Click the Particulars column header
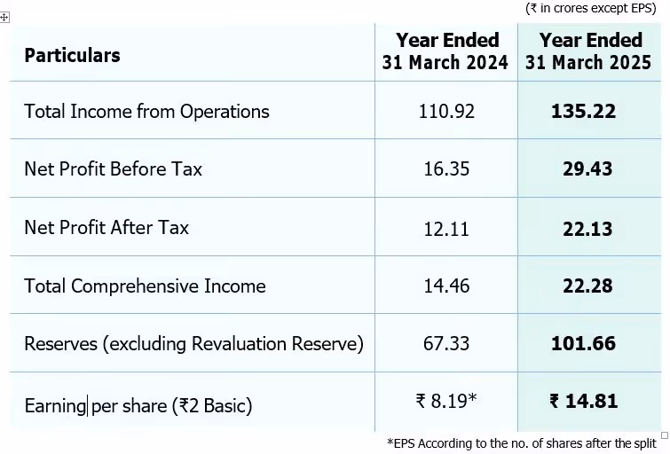tap(72, 55)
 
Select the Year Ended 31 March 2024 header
tap(446, 51)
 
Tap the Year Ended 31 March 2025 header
tap(589, 51)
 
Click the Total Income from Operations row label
tap(146, 112)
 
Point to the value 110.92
tap(446, 112)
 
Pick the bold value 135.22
tap(583, 112)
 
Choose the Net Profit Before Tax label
tap(113, 168)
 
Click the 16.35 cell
tap(446, 168)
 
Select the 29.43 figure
tap(587, 168)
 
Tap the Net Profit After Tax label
tap(106, 227)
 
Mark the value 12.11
tap(446, 228)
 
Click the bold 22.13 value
tap(587, 228)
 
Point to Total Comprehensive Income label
tap(145, 286)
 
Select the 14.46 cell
tap(446, 286)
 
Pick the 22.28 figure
tap(587, 286)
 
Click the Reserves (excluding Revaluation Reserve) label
tap(193, 344)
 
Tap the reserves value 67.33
tap(446, 344)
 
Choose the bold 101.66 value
tap(583, 344)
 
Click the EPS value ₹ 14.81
tap(583, 402)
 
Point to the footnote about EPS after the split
tap(521, 442)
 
